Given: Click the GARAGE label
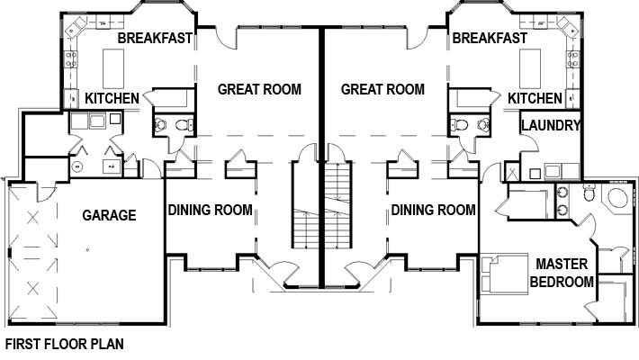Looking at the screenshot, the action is tap(109, 215).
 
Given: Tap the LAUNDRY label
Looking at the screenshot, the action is tap(551, 126).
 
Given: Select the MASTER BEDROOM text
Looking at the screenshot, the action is tap(562, 273).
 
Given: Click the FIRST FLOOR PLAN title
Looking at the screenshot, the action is tap(65, 344).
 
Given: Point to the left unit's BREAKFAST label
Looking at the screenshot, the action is tap(155, 38).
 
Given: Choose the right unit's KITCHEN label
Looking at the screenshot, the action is tap(535, 98).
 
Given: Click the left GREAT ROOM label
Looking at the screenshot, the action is tap(259, 89).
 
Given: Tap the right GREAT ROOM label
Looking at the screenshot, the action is tap(382, 89).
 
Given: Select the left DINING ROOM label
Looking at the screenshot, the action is tap(211, 210).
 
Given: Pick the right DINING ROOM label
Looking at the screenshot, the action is tap(433, 210).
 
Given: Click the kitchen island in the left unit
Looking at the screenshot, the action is tap(113, 69).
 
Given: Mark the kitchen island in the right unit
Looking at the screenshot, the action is tap(530, 69).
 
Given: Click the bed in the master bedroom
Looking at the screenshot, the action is tap(505, 274).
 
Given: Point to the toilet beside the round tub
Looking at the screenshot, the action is tap(589, 193).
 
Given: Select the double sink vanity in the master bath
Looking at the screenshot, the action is tap(562, 201).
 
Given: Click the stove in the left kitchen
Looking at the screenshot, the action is tap(71, 59).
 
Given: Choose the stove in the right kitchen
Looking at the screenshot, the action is tap(573, 59).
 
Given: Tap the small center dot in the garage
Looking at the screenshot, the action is tap(87, 250).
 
